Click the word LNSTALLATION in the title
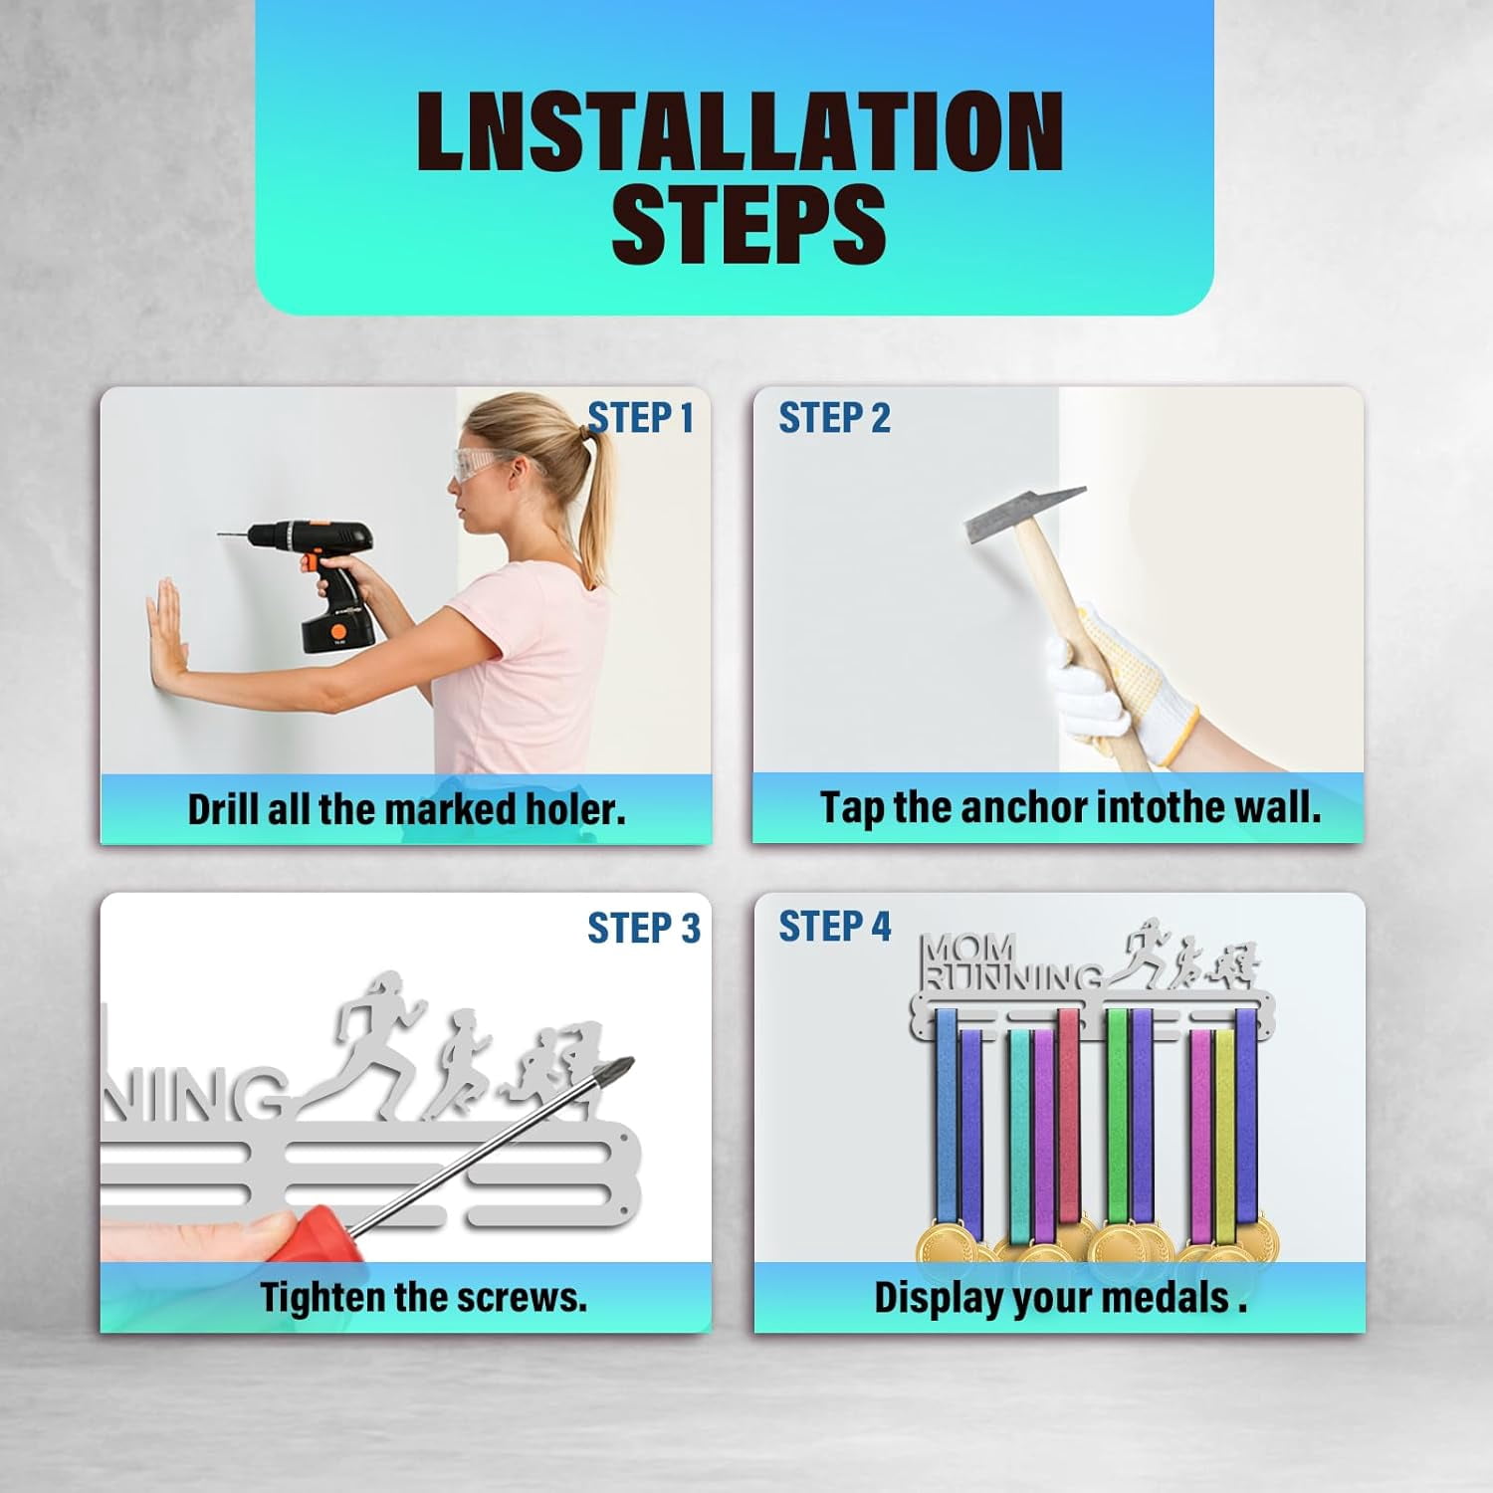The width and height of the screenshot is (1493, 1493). coord(740,131)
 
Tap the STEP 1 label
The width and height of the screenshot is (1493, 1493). coord(640,418)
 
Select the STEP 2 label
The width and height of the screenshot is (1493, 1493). coord(834,418)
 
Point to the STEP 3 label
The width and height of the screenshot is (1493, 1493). coord(644,928)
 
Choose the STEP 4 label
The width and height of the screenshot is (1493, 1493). coord(834,926)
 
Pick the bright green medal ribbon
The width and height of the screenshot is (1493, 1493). coord(1117,1115)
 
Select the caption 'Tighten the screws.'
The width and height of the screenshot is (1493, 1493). coord(424,1297)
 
